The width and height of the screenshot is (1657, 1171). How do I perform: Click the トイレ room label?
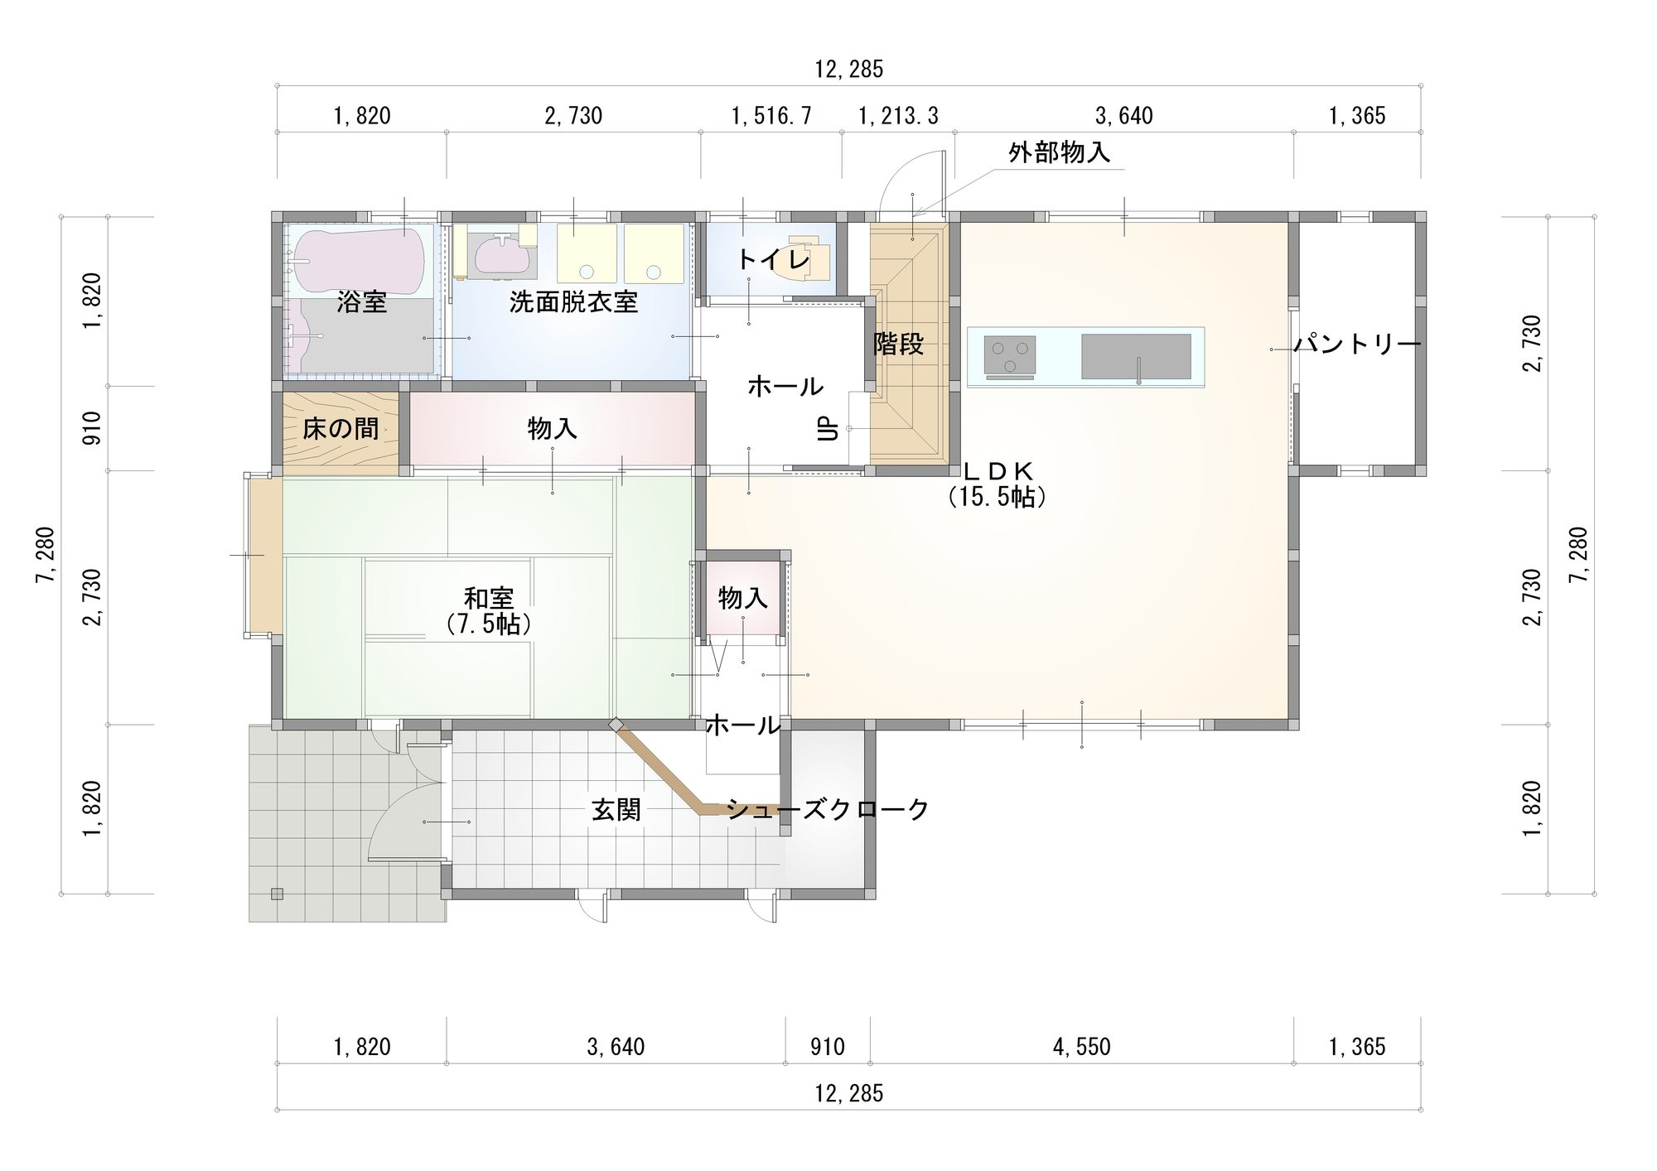click(773, 260)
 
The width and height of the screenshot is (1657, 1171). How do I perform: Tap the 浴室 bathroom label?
click(362, 303)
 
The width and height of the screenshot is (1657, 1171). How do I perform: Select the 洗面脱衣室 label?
click(573, 302)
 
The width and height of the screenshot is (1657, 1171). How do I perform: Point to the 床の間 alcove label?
click(341, 429)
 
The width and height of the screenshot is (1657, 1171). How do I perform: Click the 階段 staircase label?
click(899, 345)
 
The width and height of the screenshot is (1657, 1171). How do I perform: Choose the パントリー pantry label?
click(1358, 345)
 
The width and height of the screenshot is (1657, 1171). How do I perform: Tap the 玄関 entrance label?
click(616, 809)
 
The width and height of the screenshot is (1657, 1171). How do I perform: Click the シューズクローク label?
click(828, 809)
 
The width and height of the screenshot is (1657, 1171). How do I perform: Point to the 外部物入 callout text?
click(1060, 153)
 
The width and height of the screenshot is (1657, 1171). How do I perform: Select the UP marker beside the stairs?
click(828, 429)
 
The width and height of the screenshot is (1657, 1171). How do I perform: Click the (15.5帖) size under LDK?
click(998, 497)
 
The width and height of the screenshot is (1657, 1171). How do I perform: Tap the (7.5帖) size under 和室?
click(489, 624)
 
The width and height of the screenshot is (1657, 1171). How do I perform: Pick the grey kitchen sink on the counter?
click(1136, 357)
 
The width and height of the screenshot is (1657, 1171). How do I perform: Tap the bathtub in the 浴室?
click(361, 261)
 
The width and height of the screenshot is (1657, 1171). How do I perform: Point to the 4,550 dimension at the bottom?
click(1082, 1048)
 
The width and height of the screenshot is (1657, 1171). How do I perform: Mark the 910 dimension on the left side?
click(92, 428)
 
